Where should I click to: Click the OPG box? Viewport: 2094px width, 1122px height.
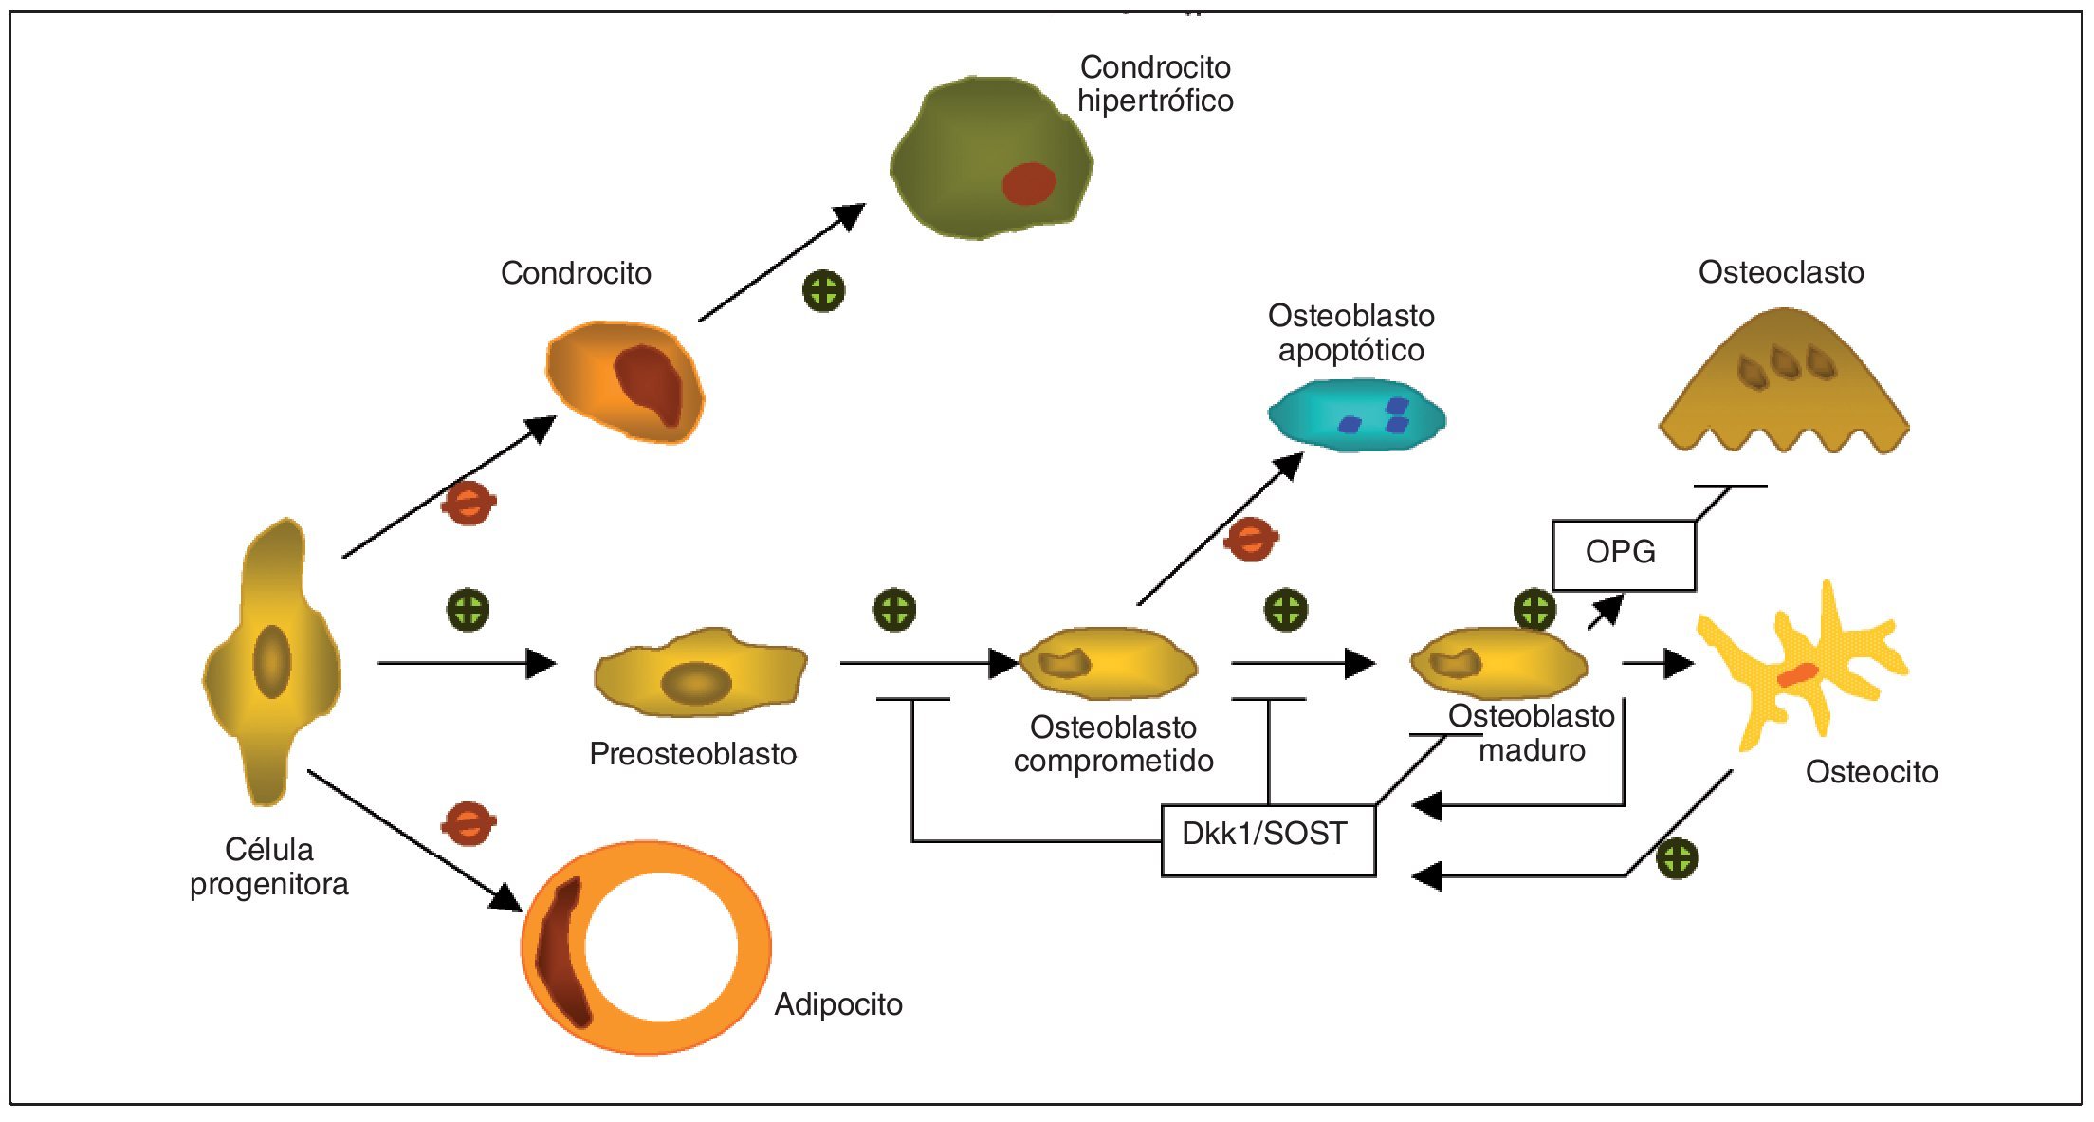coord(1623,555)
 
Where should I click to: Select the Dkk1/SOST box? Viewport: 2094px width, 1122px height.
coord(1267,839)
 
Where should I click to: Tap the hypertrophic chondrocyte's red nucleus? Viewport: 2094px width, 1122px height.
coord(1029,184)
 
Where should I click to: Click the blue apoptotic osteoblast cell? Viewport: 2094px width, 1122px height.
coord(1356,414)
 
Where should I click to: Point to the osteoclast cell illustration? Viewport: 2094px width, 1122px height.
coord(1783,389)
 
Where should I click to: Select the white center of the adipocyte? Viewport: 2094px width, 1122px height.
coord(660,947)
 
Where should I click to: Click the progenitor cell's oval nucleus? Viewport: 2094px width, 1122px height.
coord(272,661)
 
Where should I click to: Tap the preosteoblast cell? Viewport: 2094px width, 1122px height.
coord(700,671)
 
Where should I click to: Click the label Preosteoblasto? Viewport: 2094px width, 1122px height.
coord(692,754)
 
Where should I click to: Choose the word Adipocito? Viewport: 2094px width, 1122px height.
coord(838,1004)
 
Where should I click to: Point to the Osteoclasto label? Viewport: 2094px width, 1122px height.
coord(1781,272)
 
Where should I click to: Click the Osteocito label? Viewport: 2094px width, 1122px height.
coord(1871,772)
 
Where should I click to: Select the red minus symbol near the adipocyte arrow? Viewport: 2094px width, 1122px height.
coord(468,823)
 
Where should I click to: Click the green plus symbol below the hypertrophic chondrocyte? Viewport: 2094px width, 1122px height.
coord(823,291)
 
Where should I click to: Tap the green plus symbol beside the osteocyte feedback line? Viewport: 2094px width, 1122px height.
coord(1677,859)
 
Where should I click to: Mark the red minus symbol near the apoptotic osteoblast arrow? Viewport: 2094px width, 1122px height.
coord(1251,540)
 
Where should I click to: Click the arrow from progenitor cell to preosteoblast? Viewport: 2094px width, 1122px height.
coord(465,663)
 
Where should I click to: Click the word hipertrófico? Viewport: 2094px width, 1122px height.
coord(1155,101)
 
